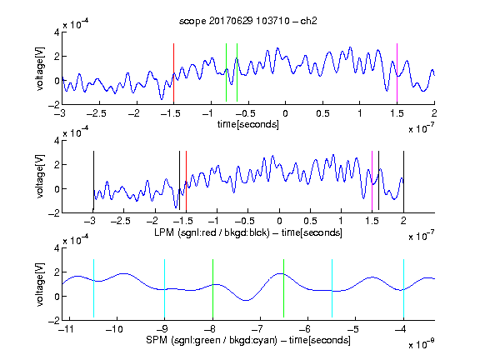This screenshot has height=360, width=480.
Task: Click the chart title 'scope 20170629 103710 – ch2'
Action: coord(247,21)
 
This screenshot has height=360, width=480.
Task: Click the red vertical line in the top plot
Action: coord(173,72)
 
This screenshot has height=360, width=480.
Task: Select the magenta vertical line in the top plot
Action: coord(397,72)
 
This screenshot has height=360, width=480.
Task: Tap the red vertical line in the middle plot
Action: coord(186,181)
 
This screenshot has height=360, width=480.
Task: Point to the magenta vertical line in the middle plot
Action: coord(372,181)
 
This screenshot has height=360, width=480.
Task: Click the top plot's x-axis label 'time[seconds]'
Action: coord(248,124)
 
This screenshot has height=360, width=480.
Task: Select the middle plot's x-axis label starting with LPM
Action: coord(248,232)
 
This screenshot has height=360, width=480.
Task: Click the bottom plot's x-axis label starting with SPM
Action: coord(248,340)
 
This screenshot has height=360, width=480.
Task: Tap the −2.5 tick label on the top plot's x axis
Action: coord(96,113)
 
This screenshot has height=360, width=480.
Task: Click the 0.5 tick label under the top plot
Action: coord(322,113)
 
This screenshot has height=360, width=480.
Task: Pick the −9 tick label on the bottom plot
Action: coord(162,329)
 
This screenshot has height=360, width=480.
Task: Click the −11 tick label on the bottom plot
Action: coord(66,329)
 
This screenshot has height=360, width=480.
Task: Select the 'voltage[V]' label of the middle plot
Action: coord(40,177)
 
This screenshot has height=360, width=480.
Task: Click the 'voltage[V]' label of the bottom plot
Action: coord(40,284)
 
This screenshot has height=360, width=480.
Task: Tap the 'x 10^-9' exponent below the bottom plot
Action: coord(422,344)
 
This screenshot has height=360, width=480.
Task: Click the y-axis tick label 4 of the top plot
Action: coord(57,32)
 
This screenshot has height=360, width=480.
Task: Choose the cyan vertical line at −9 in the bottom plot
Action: coord(164,288)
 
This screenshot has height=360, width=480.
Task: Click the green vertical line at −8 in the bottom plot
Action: coord(212,288)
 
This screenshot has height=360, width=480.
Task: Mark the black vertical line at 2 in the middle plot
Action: coord(403,181)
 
